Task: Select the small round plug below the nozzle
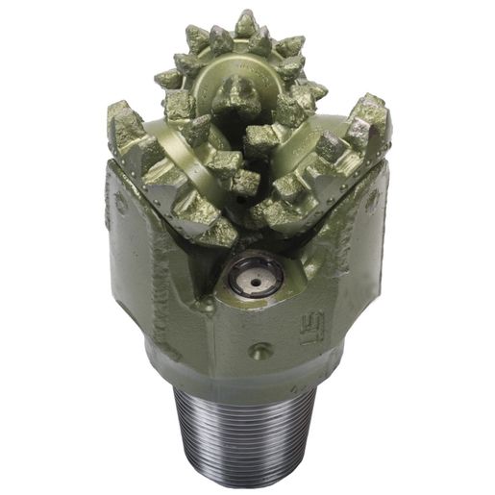click(255, 350)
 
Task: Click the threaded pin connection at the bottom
click(247, 433)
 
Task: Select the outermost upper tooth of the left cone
click(125, 120)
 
